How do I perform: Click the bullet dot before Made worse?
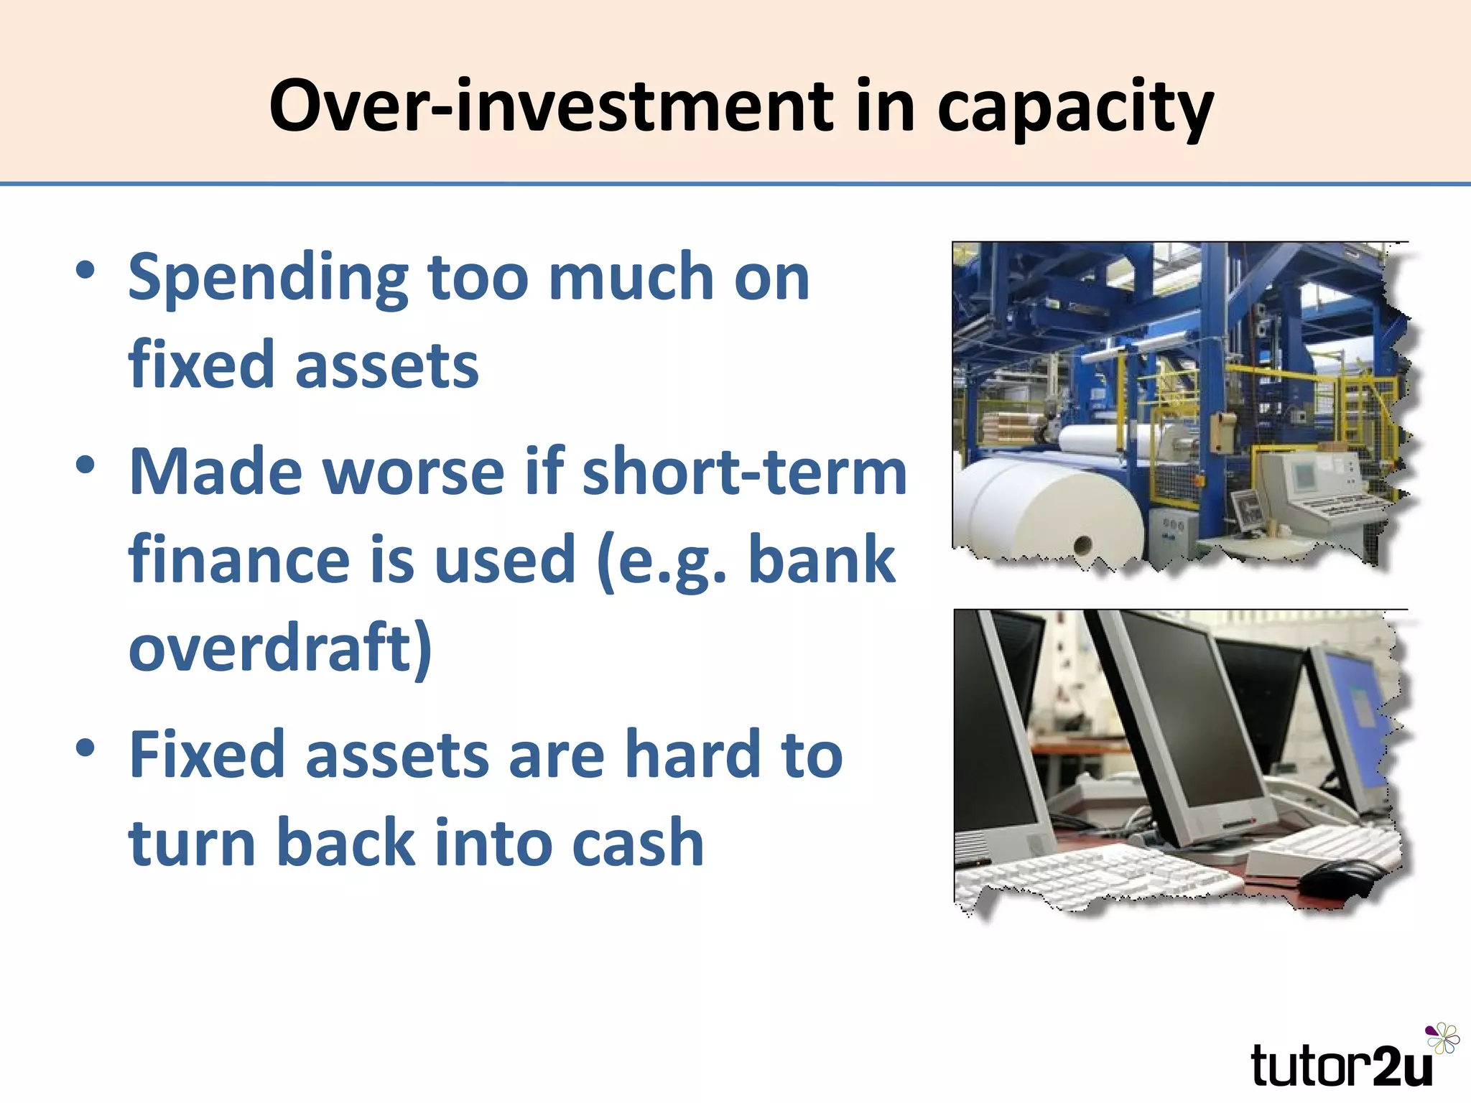pos(85,465)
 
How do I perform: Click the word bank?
pos(822,559)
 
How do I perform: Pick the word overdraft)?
pos(280,648)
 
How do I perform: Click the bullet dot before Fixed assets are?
pos(85,748)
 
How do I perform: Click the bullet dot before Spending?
pos(85,271)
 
